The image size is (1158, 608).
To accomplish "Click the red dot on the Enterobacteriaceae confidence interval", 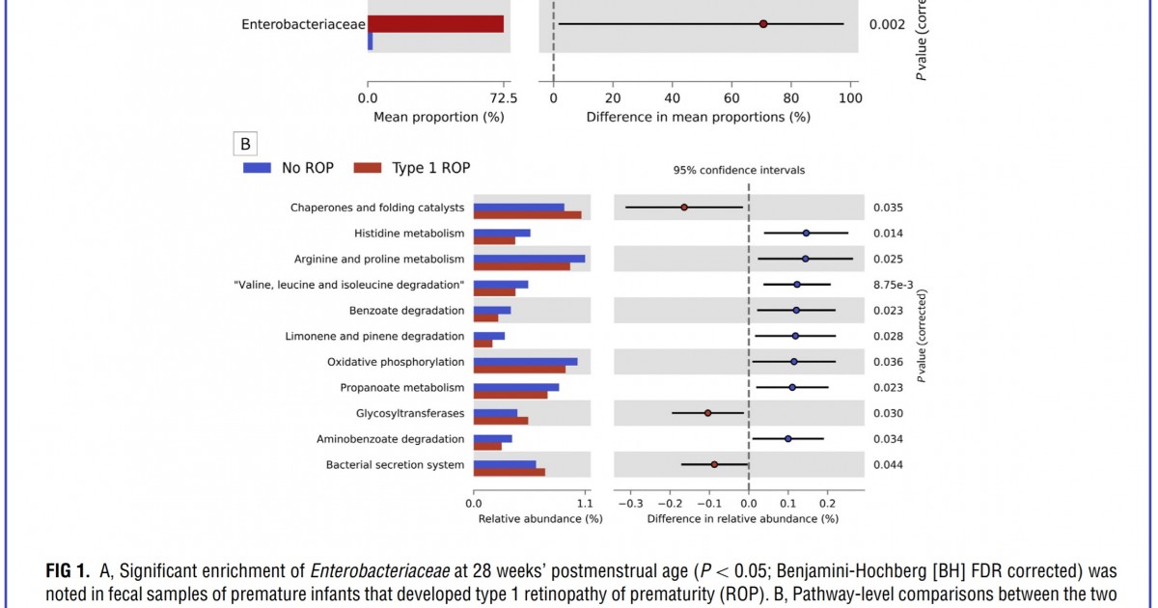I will [x=762, y=23].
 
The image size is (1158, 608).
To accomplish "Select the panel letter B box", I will [x=245, y=145].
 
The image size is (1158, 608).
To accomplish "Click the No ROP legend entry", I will [x=289, y=168].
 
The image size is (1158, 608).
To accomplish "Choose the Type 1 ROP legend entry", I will [x=412, y=168].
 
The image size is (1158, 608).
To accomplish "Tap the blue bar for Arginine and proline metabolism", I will [x=529, y=259].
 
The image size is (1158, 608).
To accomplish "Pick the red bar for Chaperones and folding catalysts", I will [x=527, y=214].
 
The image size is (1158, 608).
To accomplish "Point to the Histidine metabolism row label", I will [x=408, y=234].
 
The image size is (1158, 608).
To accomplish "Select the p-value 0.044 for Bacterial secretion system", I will [x=888, y=465].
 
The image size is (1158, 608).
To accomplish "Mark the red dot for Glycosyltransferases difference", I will [x=707, y=413].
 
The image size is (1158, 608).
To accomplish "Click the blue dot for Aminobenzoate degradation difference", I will [x=787, y=438].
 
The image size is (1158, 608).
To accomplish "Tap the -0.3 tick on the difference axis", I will [x=630, y=503].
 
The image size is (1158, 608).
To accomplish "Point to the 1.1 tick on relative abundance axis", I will [x=585, y=503].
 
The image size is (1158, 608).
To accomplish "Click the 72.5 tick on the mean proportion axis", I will [x=504, y=98].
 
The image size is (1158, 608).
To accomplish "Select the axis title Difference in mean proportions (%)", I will [x=698, y=117].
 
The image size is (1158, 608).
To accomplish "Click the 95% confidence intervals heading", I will [x=738, y=170].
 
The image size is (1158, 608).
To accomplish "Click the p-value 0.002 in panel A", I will [x=887, y=24].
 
